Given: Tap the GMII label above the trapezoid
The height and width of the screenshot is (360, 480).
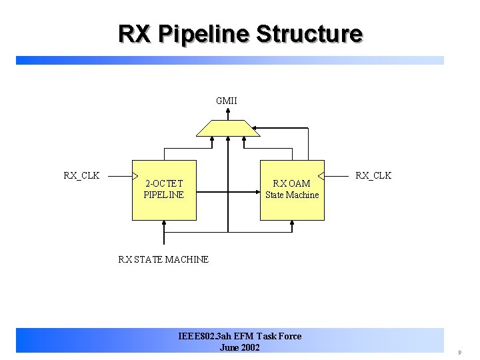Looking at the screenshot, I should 227,101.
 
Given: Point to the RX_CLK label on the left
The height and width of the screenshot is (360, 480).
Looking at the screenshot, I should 81,175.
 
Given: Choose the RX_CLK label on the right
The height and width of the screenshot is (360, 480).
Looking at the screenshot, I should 373,175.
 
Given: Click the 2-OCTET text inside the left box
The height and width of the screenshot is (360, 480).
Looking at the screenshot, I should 164,183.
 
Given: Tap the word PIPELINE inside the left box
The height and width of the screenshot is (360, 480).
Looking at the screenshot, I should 164,195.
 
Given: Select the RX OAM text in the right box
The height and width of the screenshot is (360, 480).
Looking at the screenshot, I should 292,183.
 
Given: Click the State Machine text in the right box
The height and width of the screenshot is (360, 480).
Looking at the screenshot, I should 292,195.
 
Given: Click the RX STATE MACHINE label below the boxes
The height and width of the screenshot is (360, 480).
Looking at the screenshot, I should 163,259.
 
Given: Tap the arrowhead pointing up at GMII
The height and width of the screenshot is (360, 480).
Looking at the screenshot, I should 227,113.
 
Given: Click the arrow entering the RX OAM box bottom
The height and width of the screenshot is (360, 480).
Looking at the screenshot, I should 292,225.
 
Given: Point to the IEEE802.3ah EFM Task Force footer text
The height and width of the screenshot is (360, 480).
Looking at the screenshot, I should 240,336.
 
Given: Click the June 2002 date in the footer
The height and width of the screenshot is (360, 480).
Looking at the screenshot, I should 239,347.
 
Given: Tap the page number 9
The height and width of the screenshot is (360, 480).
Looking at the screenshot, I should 459,352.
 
